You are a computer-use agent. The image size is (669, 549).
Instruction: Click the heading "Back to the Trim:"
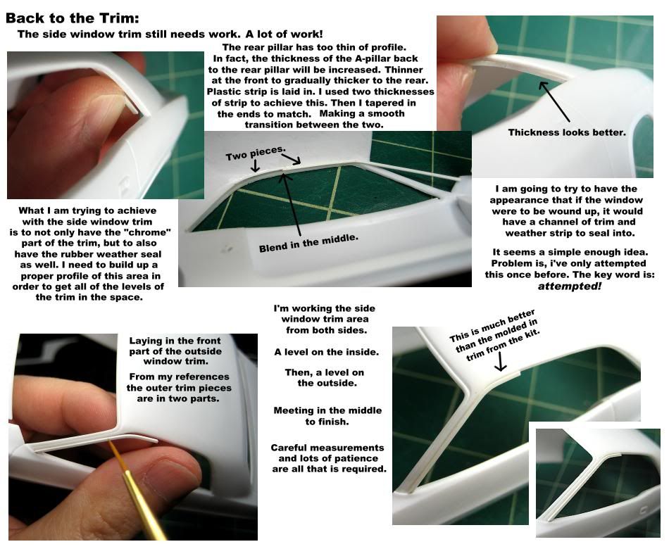(x=72, y=18)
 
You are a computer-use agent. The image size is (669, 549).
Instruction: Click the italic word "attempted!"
(x=570, y=286)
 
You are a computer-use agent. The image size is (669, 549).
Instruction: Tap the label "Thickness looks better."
(x=567, y=132)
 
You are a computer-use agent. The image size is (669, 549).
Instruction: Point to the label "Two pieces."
(x=255, y=153)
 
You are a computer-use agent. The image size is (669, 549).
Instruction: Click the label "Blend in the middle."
(x=308, y=243)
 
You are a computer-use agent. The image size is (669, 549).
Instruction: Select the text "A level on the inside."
(x=326, y=352)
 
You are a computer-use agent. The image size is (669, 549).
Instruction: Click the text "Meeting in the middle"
(x=327, y=410)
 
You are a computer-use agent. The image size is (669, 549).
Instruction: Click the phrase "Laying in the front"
(x=175, y=341)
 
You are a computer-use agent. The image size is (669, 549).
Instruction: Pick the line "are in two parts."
(x=178, y=399)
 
